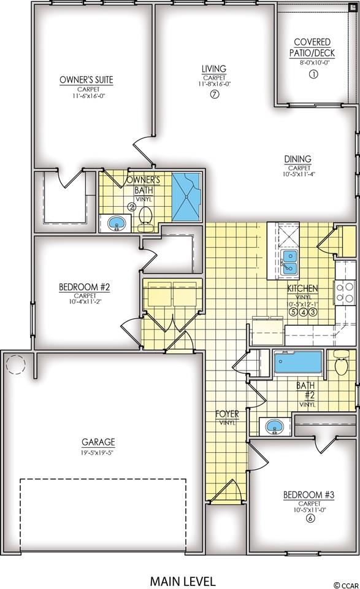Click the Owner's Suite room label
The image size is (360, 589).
(x=86, y=80)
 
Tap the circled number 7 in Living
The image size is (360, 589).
(x=214, y=94)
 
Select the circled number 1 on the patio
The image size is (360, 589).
(x=313, y=74)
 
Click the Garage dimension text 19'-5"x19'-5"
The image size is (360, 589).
(x=96, y=452)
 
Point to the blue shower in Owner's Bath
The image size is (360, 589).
(x=186, y=196)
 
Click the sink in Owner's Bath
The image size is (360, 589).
(x=117, y=223)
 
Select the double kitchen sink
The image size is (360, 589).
(x=290, y=262)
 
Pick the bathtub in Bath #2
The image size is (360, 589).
(x=298, y=362)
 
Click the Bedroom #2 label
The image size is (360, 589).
(x=84, y=287)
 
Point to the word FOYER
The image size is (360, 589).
(x=227, y=414)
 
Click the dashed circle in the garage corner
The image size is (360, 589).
(x=15, y=364)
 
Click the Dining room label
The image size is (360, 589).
(x=297, y=159)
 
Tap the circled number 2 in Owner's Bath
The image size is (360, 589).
(x=131, y=206)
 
